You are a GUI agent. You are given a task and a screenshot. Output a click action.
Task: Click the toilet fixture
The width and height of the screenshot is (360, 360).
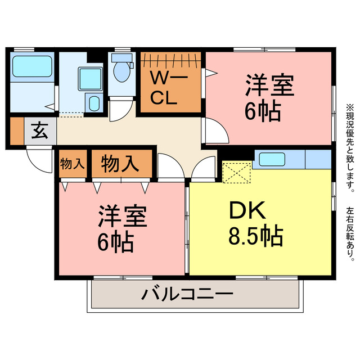[120, 71]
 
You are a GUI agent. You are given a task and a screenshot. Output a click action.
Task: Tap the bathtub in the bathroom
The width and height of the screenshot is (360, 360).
[32, 68]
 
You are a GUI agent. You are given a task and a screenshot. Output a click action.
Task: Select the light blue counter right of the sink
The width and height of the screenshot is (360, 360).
[318, 159]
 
